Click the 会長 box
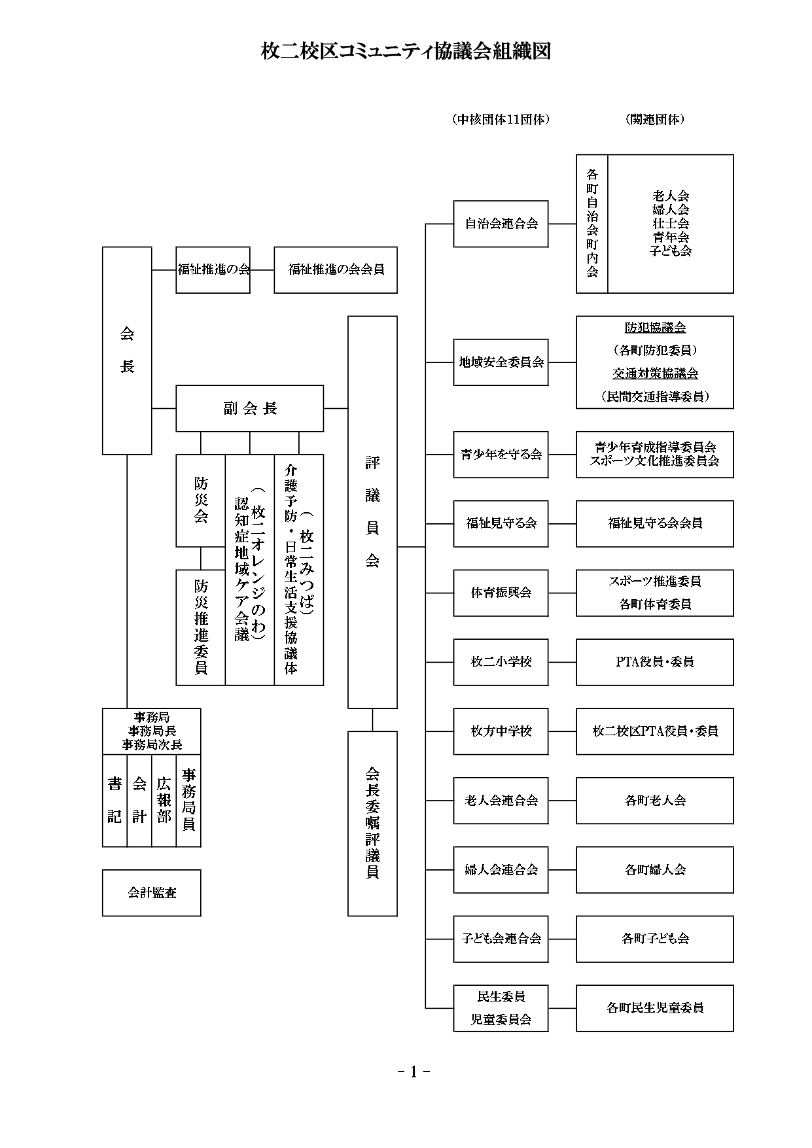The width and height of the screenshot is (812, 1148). tap(127, 351)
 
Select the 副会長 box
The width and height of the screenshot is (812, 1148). tap(249, 409)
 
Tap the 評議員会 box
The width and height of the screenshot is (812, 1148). tap(372, 512)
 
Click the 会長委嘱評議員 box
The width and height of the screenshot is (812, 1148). tap(372, 824)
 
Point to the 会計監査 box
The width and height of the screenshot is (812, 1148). tap(152, 893)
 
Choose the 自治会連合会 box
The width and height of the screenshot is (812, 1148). tap(501, 224)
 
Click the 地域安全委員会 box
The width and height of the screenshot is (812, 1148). tap(501, 362)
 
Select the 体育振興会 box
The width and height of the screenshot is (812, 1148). tap(501, 593)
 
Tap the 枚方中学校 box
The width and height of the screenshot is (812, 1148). tap(501, 731)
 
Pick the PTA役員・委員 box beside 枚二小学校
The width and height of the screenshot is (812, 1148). tap(654, 662)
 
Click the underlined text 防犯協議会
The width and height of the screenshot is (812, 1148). tap(654, 327)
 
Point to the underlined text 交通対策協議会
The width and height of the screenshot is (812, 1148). tap(654, 374)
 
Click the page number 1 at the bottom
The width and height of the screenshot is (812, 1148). tap(413, 1071)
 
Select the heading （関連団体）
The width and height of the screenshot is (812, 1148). tap(654, 120)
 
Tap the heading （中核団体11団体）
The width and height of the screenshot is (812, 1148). tap(501, 120)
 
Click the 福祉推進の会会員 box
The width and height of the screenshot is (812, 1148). tap(336, 270)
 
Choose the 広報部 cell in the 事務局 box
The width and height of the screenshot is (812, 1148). tap(164, 801)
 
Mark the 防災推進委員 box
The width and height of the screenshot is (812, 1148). tap(201, 627)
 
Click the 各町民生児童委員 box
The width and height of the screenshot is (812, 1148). tap(654, 1008)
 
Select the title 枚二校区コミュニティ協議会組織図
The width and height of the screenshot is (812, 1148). tap(406, 52)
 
